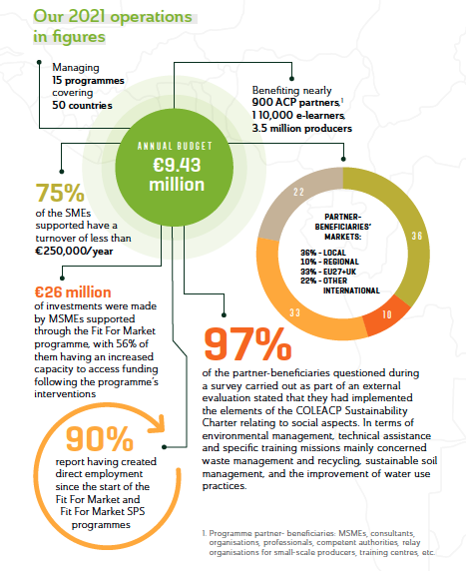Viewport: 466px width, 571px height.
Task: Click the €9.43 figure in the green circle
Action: [x=177, y=165]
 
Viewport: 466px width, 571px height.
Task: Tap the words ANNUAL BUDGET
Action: [x=175, y=146]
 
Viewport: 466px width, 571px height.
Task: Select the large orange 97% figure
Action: [x=247, y=343]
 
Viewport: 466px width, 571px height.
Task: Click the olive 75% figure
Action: [x=60, y=193]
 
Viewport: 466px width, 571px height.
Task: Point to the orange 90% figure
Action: [x=100, y=439]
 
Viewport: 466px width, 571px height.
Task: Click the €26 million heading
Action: [x=73, y=292]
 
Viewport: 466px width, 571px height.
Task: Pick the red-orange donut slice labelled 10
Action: [x=386, y=313]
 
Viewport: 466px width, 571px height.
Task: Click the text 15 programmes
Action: [x=88, y=80]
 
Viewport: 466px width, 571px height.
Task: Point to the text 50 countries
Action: [x=82, y=105]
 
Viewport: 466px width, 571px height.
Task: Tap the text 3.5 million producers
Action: [x=301, y=128]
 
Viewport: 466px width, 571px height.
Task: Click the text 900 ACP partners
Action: [x=295, y=103]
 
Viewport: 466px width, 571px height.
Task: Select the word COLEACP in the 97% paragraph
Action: [x=318, y=410]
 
